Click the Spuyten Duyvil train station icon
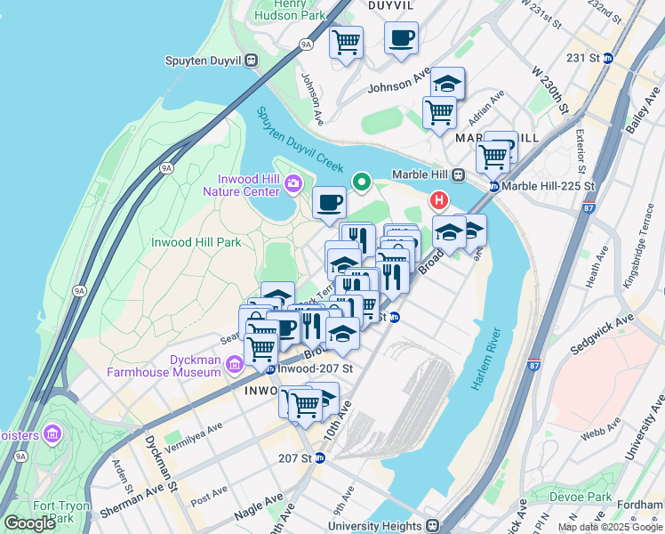tap(252, 61)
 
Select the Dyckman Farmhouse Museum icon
tap(234, 364)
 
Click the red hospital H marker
tap(437, 201)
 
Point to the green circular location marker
tap(362, 182)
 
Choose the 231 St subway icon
tap(608, 58)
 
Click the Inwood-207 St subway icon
tap(269, 368)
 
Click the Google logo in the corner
tap(29, 523)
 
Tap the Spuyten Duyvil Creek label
tap(300, 141)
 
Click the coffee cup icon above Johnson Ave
tap(401, 38)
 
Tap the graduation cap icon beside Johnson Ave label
tap(447, 83)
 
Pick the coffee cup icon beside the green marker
tap(329, 202)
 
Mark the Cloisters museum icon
tap(52, 433)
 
